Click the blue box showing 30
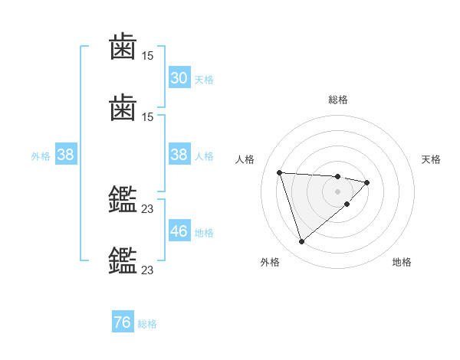[x=179, y=78]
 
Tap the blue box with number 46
[x=179, y=231]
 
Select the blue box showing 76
[x=123, y=322]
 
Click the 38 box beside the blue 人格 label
[x=179, y=155]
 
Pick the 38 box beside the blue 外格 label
[x=65, y=155]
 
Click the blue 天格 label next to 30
[x=204, y=79]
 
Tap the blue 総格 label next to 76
[x=147, y=324]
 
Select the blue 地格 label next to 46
[x=204, y=232]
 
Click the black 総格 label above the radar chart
[x=338, y=100]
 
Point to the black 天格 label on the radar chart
[x=432, y=159]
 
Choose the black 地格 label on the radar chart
[x=402, y=262]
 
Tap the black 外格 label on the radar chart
[x=270, y=262]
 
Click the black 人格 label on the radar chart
[x=246, y=159]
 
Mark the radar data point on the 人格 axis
[x=280, y=172]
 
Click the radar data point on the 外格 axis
[x=301, y=241]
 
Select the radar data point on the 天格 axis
[x=367, y=182]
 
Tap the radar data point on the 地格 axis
[x=347, y=204]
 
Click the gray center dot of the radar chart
[x=338, y=191]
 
